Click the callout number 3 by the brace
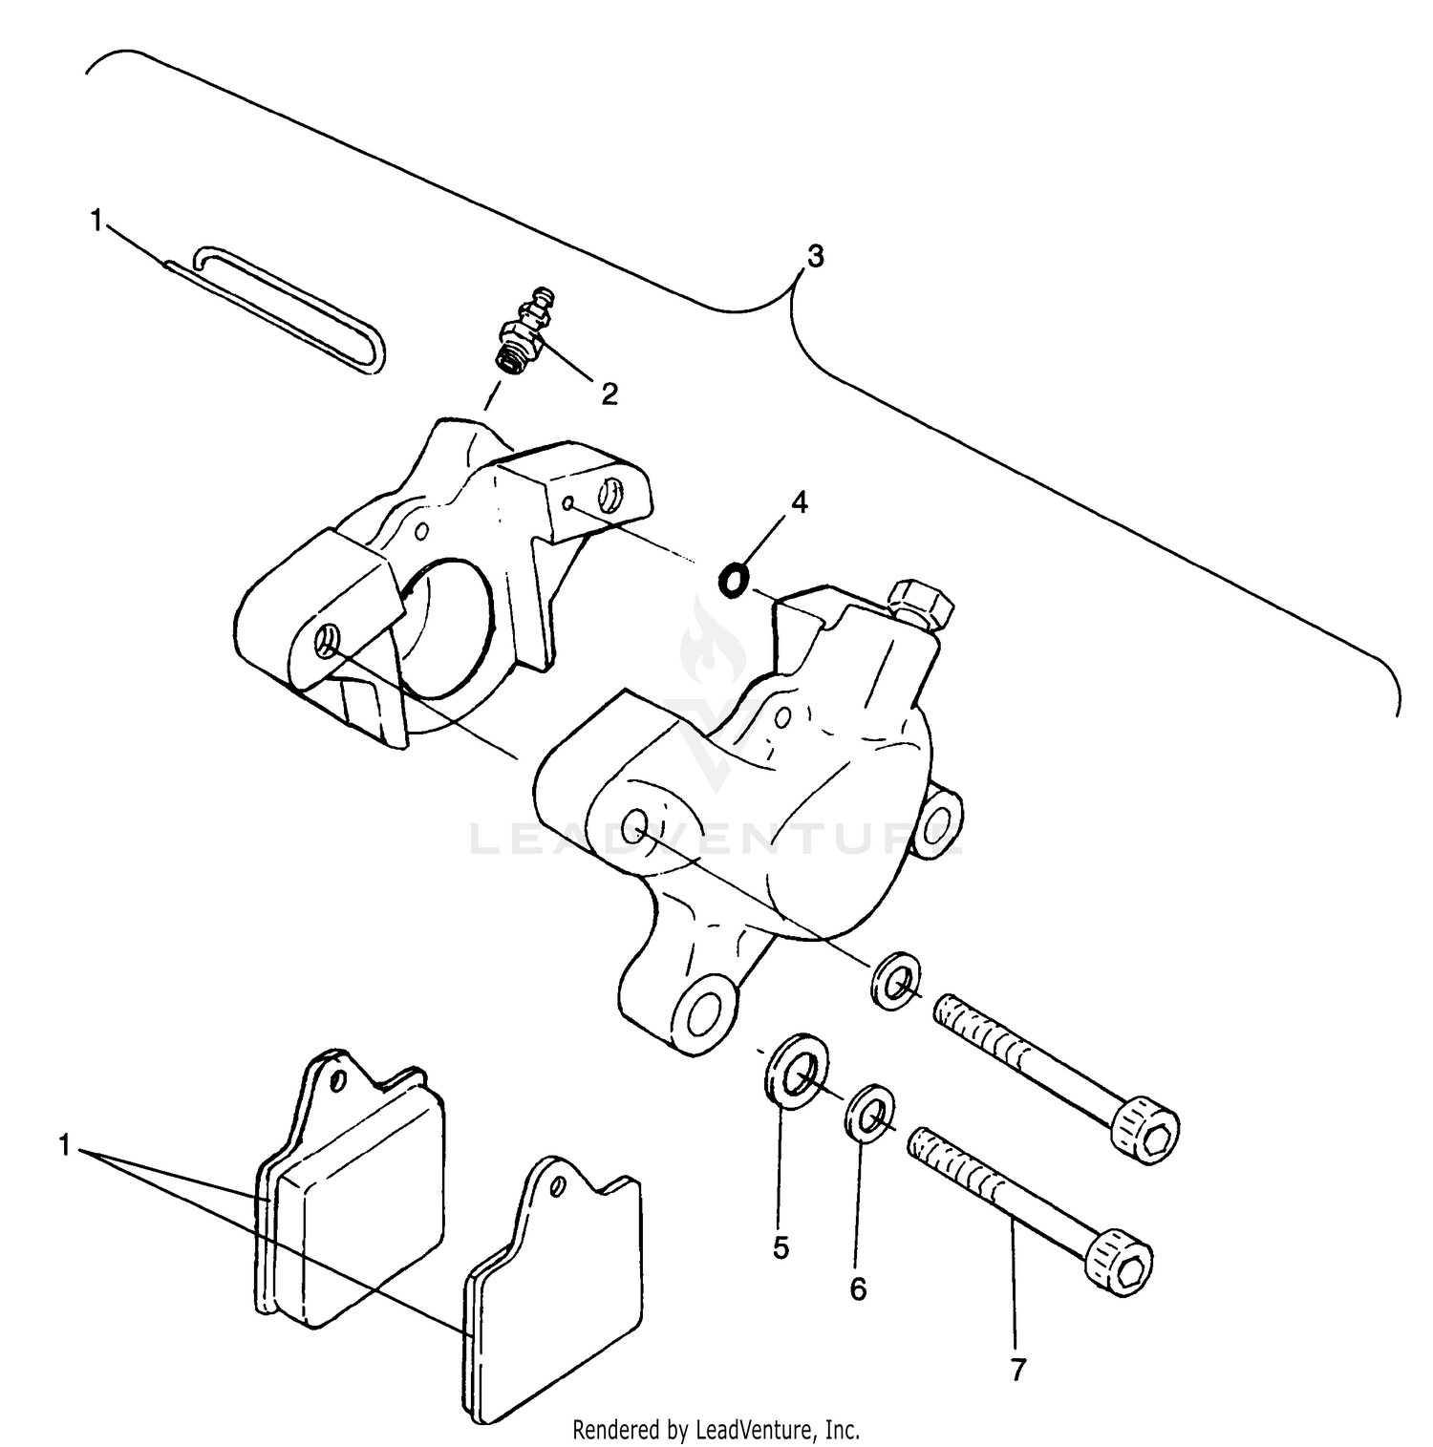coord(815,256)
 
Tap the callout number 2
coord(610,393)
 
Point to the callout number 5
coord(781,1247)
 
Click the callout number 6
coord(858,1289)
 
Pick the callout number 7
coord(1017,1371)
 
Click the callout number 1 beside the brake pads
coord(65,1144)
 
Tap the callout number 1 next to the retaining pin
coord(96,221)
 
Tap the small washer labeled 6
coord(870,1113)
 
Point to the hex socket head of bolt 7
coord(1121,1263)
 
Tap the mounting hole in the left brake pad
coord(335,1082)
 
